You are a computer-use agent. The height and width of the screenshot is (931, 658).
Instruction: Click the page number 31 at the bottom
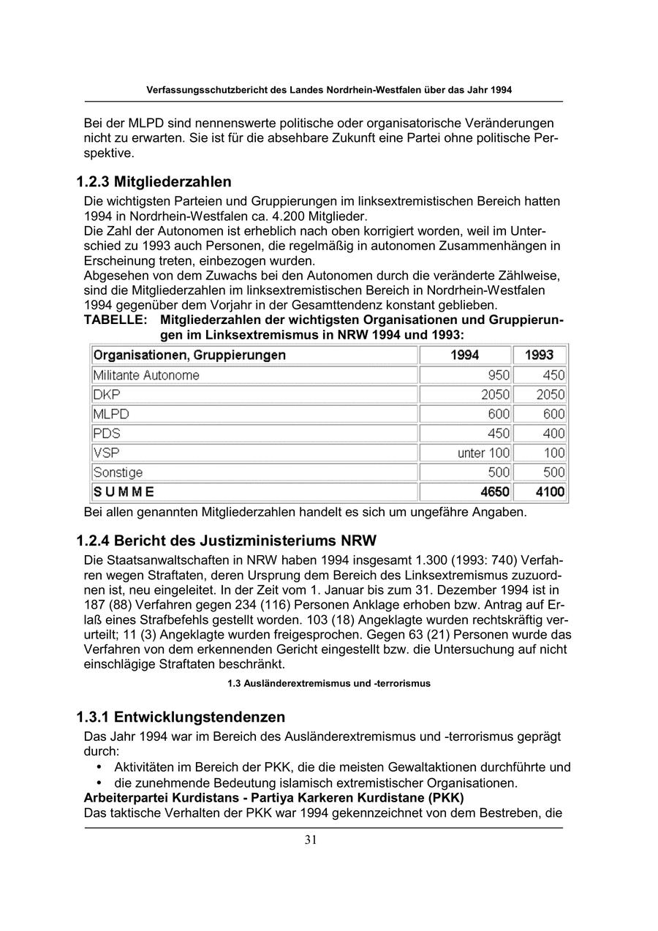pyautogui.click(x=311, y=840)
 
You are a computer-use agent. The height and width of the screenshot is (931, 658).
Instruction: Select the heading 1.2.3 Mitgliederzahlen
pyautogui.click(x=154, y=181)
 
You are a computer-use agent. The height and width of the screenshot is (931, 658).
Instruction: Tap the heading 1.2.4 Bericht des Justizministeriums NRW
pyautogui.click(x=226, y=541)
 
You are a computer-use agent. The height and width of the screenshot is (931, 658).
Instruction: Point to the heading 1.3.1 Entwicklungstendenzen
pyautogui.click(x=181, y=717)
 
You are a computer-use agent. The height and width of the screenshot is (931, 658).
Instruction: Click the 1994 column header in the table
pyautogui.click(x=465, y=355)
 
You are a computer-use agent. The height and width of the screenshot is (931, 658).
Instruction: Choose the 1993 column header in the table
pyautogui.click(x=540, y=355)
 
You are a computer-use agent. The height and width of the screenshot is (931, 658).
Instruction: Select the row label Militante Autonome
pyautogui.click(x=146, y=375)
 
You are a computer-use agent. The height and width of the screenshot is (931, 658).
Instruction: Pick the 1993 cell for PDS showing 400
pyautogui.click(x=553, y=434)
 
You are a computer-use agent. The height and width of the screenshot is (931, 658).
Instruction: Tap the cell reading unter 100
pyautogui.click(x=483, y=453)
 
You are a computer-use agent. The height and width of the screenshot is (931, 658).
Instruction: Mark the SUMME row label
pyautogui.click(x=124, y=492)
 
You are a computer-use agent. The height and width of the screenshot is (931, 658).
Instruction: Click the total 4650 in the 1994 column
pyautogui.click(x=495, y=492)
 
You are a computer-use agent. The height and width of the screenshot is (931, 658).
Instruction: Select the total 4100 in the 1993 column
pyautogui.click(x=550, y=492)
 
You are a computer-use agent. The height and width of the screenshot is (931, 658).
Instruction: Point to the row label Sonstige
pyautogui.click(x=118, y=472)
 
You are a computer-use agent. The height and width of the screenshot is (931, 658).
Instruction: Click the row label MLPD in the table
pyautogui.click(x=110, y=414)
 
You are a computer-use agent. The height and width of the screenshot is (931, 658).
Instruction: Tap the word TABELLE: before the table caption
pyautogui.click(x=116, y=320)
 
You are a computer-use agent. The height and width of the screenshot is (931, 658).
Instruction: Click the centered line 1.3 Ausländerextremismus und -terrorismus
pyautogui.click(x=329, y=684)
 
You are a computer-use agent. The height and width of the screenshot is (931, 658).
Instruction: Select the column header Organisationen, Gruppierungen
pyautogui.click(x=189, y=355)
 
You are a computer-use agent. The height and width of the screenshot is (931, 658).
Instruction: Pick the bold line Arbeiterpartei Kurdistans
pyautogui.click(x=274, y=797)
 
